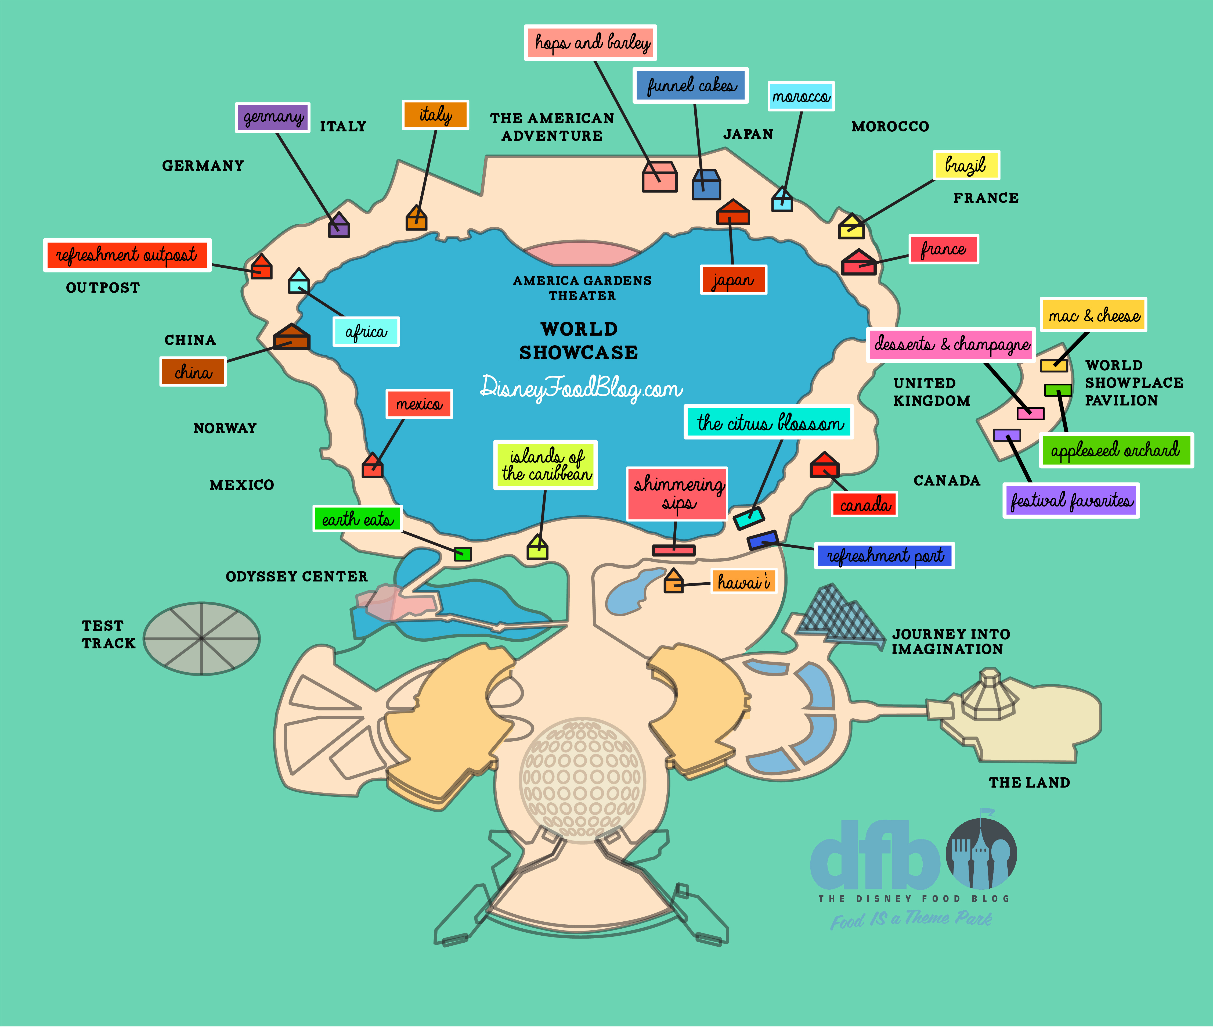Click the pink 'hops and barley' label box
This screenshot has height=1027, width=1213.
[590, 42]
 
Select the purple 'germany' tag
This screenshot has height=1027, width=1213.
[272, 118]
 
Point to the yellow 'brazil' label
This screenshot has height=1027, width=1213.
[966, 165]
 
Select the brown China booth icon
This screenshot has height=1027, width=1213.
[292, 337]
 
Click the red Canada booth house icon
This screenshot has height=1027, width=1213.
[824, 465]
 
